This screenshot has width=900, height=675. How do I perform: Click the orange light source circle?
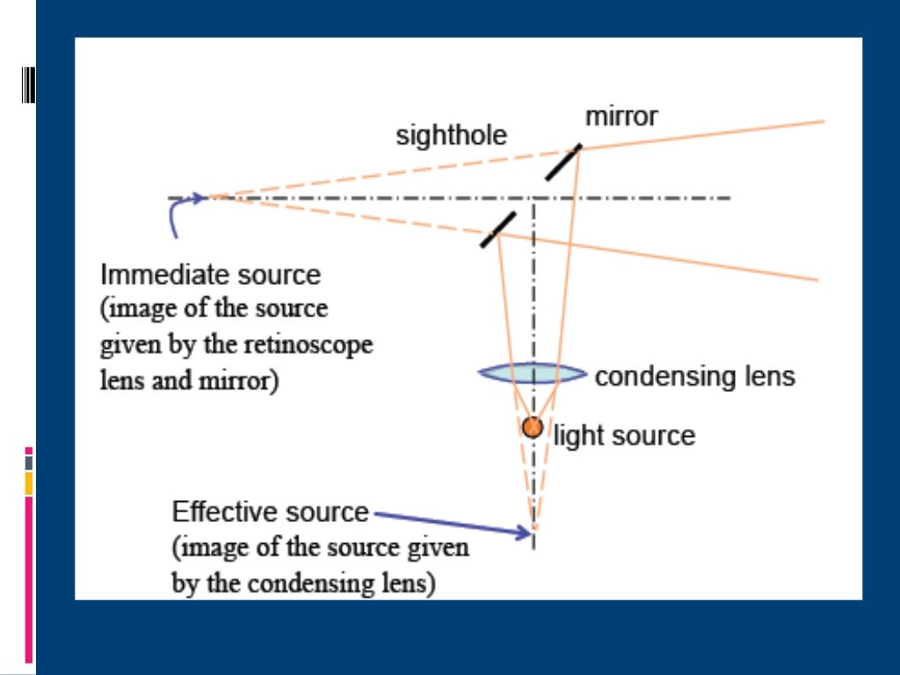click(x=532, y=428)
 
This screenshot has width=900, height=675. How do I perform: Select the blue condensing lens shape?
click(x=532, y=374)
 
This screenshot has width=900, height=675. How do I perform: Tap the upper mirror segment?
click(x=563, y=163)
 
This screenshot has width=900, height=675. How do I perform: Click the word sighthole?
click(x=451, y=136)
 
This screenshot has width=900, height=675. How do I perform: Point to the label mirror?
click(x=621, y=116)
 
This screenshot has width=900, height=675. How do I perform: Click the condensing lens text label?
click(x=694, y=377)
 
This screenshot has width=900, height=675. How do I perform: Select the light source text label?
click(x=624, y=436)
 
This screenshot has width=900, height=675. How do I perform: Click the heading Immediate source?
click(x=211, y=275)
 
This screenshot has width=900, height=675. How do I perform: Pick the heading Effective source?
click(x=271, y=512)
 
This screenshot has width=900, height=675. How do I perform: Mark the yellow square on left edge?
click(x=29, y=483)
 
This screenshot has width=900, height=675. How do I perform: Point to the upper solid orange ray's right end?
click(x=822, y=121)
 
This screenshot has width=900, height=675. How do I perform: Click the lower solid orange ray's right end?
click(x=816, y=280)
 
